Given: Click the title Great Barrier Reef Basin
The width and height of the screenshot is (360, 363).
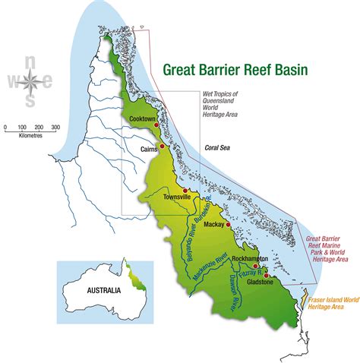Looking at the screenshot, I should pyautogui.click(x=235, y=70).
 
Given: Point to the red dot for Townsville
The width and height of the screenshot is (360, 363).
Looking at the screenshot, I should pyautogui.click(x=185, y=190).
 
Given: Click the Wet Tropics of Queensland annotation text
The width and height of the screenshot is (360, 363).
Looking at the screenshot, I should pyautogui.click(x=220, y=103).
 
